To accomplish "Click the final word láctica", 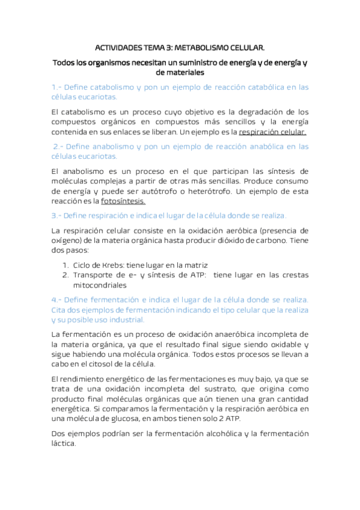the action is [x=64, y=443].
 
